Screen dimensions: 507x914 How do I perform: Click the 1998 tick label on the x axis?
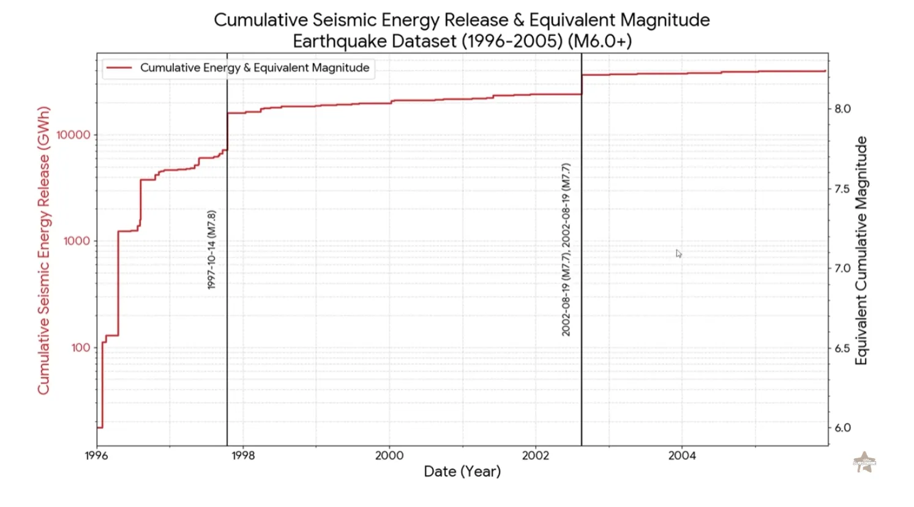pyautogui.click(x=243, y=456)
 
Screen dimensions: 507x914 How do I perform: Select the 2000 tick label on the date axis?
pyautogui.click(x=389, y=456)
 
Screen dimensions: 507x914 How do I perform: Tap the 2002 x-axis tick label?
pyautogui.click(x=536, y=456)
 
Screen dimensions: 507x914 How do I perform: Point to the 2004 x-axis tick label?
pyautogui.click(x=682, y=456)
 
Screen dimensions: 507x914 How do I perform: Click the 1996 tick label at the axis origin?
pyautogui.click(x=97, y=456)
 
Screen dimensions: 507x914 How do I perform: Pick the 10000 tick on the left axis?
pyautogui.click(x=73, y=135)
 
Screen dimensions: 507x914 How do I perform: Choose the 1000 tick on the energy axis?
pyautogui.click(x=77, y=241)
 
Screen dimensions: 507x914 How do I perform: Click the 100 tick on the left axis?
pyautogui.click(x=80, y=348)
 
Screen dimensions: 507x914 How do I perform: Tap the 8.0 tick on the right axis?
pyautogui.click(x=842, y=109)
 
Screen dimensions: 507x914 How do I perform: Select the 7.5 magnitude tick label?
pyautogui.click(x=842, y=189)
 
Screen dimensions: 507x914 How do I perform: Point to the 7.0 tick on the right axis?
pyautogui.click(x=842, y=268)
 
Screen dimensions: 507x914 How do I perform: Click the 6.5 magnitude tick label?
pyautogui.click(x=842, y=349)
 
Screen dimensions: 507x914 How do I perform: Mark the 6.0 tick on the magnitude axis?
pyautogui.click(x=842, y=428)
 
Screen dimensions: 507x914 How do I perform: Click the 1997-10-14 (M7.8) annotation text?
pyautogui.click(x=212, y=250)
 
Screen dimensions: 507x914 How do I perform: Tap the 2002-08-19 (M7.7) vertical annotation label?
pyautogui.click(x=566, y=250)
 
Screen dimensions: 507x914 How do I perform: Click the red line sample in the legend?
pyautogui.click(x=119, y=68)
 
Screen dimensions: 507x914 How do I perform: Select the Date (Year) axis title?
pyautogui.click(x=462, y=472)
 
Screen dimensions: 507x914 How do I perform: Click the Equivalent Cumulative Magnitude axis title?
pyautogui.click(x=861, y=251)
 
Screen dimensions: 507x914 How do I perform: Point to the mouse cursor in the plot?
pyautogui.click(x=678, y=253)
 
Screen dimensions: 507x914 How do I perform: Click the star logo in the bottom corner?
pyautogui.click(x=864, y=462)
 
